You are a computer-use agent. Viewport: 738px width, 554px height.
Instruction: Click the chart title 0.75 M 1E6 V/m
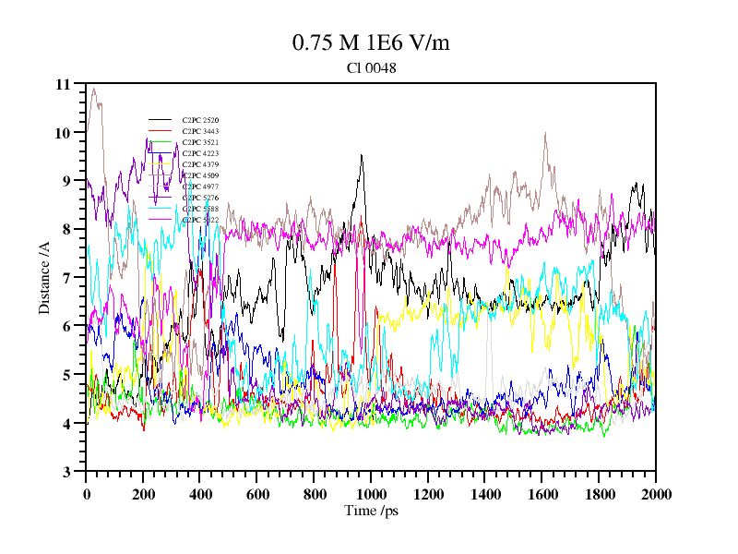click(371, 42)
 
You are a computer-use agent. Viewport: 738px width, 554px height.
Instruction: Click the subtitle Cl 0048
click(371, 67)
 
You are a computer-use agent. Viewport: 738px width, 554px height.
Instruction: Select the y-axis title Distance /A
click(43, 277)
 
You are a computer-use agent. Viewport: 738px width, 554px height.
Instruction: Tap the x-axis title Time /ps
click(371, 510)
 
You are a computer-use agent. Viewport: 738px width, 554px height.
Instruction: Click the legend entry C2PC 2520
click(200, 120)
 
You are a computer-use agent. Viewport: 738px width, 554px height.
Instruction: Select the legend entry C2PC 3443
click(200, 131)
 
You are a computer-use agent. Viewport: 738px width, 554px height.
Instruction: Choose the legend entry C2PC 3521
click(200, 142)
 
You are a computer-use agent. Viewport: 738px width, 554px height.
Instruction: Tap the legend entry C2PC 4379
click(200, 164)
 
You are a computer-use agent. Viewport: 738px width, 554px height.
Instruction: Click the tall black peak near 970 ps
click(362, 155)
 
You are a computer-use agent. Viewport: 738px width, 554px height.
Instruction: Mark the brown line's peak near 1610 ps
click(545, 134)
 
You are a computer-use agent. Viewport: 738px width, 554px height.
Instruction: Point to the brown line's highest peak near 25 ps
click(93, 89)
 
